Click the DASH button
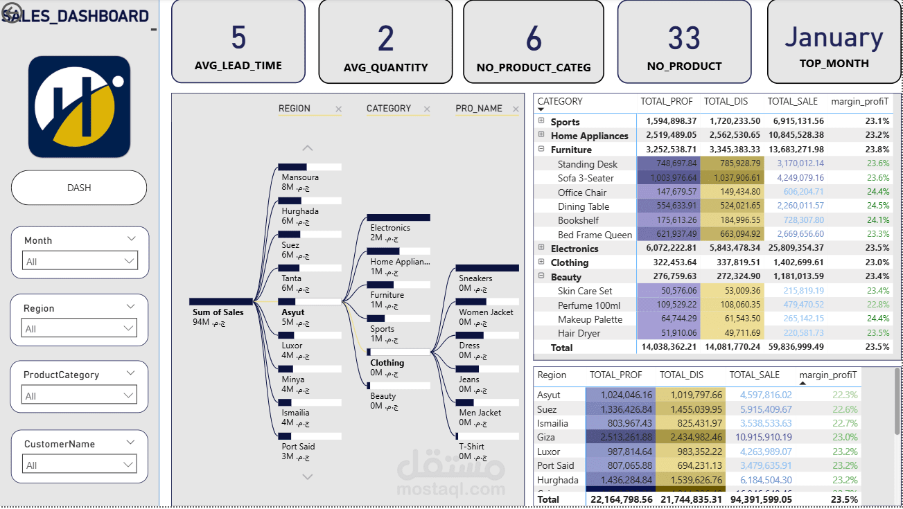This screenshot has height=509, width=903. [79, 188]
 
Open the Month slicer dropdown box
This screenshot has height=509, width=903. [79, 261]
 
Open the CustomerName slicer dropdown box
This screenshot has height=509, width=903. [79, 465]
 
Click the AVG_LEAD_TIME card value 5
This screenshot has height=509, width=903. [238, 37]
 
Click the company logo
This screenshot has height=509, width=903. [79, 106]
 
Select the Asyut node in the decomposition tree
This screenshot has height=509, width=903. [293, 312]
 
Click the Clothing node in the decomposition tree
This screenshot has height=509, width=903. [387, 362]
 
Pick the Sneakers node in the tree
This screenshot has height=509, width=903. [475, 278]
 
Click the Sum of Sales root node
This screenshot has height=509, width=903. [218, 312]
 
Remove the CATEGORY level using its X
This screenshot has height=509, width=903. [427, 109]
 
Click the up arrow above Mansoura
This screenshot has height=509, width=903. [308, 148]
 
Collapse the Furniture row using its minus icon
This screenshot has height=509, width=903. [541, 149]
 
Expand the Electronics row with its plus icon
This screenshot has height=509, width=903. [541, 248]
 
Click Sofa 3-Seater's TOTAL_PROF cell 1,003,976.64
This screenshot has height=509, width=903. [667, 178]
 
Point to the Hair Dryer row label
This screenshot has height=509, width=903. [579, 333]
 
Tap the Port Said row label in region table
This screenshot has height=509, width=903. [556, 465]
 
